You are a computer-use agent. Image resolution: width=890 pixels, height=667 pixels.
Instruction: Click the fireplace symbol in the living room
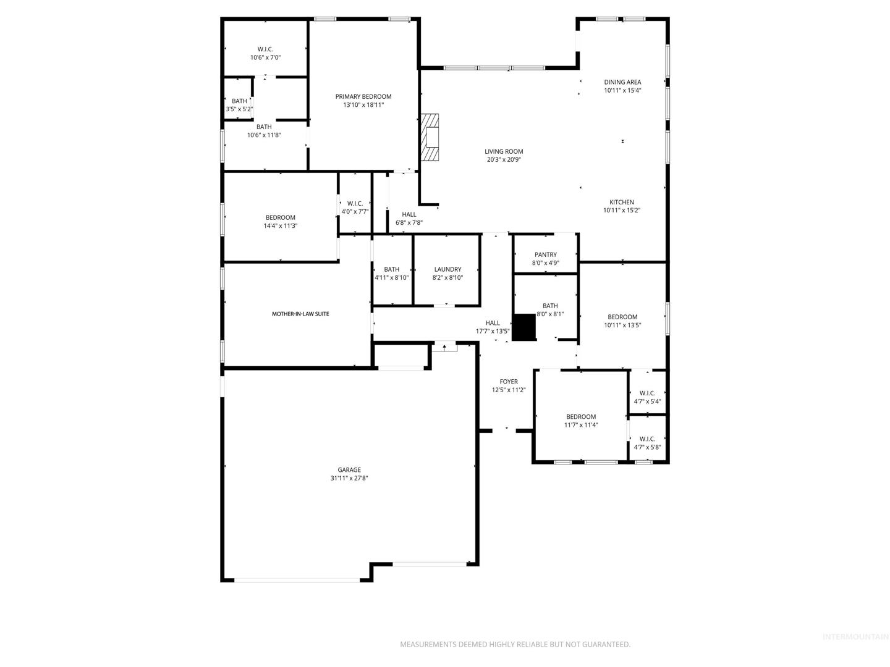tap(430, 137)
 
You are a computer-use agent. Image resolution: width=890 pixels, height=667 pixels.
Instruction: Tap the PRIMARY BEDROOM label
tap(363, 96)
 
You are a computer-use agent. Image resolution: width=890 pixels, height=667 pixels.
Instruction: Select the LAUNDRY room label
tap(447, 269)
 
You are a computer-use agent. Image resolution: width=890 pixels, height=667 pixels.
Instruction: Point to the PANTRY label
tap(545, 254)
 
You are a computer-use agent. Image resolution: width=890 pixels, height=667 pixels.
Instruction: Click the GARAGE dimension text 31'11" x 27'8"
tap(349, 478)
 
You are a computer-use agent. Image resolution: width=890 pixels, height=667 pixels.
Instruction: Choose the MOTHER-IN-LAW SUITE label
tap(300, 314)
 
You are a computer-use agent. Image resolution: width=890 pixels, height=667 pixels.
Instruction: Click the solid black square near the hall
tap(524, 327)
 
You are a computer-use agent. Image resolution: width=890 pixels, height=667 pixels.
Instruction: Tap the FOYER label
tap(509, 382)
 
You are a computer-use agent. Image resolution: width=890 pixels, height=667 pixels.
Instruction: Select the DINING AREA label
tap(622, 82)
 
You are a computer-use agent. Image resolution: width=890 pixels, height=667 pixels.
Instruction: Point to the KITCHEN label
tap(622, 202)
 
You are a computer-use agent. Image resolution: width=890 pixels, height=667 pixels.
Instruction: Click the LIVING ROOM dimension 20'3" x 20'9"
tap(504, 159)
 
